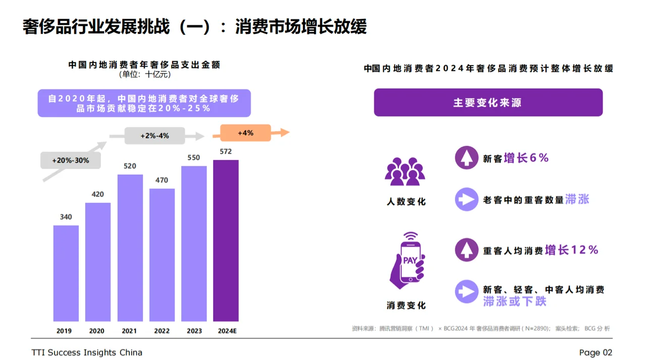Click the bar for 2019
click(x=66, y=273)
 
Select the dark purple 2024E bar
click(x=226, y=241)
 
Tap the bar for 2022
click(x=162, y=255)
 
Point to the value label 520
click(x=130, y=166)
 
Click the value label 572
click(x=226, y=151)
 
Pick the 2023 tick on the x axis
click(x=194, y=331)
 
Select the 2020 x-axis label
click(x=97, y=331)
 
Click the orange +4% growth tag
click(x=245, y=133)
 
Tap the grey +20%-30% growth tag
click(x=71, y=161)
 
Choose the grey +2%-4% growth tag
click(x=154, y=136)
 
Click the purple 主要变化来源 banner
click(x=488, y=102)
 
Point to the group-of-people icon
click(x=405, y=171)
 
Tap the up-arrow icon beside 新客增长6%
click(x=466, y=158)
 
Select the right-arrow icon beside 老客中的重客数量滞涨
click(x=466, y=199)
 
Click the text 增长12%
click(x=571, y=250)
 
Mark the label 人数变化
click(x=406, y=201)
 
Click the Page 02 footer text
click(x=596, y=352)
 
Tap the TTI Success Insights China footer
click(x=87, y=352)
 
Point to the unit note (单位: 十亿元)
click(x=145, y=75)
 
